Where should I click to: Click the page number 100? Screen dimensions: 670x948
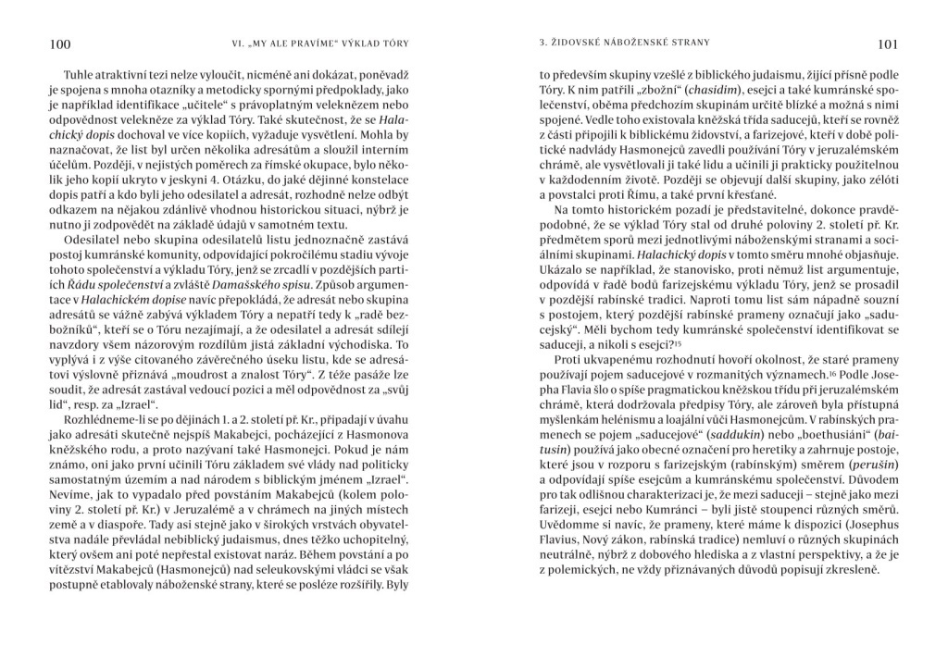pos(57,43)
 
